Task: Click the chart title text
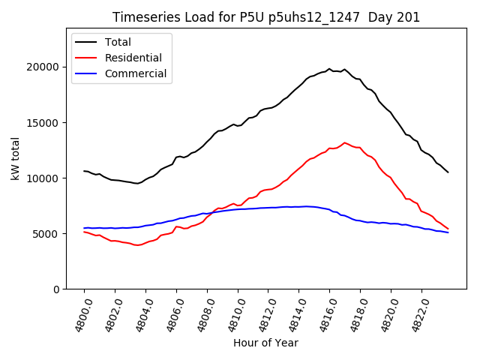click(x=266, y=17)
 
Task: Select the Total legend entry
click(x=118, y=42)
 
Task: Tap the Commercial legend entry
click(x=136, y=74)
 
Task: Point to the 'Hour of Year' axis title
click(x=265, y=343)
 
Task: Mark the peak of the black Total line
click(x=329, y=69)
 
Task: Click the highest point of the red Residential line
click(x=345, y=142)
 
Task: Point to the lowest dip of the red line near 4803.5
click(x=137, y=245)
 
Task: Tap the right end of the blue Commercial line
click(x=448, y=232)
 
